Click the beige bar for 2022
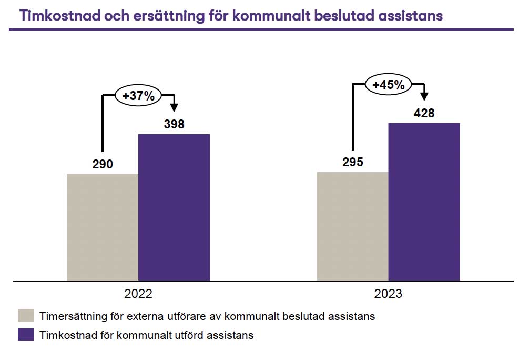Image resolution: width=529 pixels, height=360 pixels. pyautogui.click(x=103, y=227)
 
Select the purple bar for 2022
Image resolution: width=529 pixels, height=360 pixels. pyautogui.click(x=174, y=207)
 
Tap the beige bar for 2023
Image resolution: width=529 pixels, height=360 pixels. pyautogui.click(x=352, y=226)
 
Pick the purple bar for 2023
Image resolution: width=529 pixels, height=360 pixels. pyautogui.click(x=424, y=202)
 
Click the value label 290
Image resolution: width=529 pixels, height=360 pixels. pyautogui.click(x=103, y=164)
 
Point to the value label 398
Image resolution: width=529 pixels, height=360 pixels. pyautogui.click(x=174, y=125)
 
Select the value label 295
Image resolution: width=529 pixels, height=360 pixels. pyautogui.click(x=353, y=162)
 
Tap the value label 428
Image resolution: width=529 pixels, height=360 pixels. pyautogui.click(x=424, y=113)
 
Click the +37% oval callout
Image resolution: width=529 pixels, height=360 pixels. pyautogui.click(x=138, y=96)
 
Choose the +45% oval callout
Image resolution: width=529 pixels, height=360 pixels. pyautogui.click(x=388, y=84)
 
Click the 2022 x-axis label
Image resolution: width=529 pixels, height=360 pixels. pyautogui.click(x=138, y=294)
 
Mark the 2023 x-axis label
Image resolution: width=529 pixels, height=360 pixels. pyautogui.click(x=388, y=294)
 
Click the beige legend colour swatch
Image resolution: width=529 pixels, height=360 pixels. pyautogui.click(x=26, y=316)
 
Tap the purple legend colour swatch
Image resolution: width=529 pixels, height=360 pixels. pyautogui.click(x=26, y=335)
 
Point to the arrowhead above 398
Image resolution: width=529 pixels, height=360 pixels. pyautogui.click(x=175, y=107)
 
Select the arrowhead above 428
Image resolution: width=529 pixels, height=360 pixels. pyautogui.click(x=424, y=96)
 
